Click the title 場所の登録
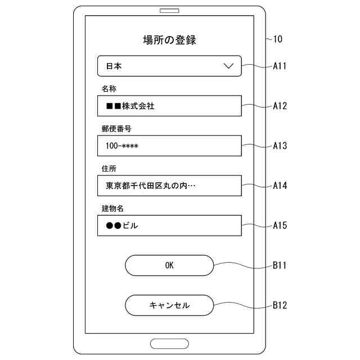[x=169, y=40]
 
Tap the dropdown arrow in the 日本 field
[x=228, y=66]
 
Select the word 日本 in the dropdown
[x=114, y=66]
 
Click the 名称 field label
[x=109, y=89]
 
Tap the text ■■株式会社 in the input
[x=130, y=106]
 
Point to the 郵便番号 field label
[x=116, y=129]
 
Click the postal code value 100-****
[x=122, y=146]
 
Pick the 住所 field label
[x=109, y=169]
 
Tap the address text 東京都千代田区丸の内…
[x=151, y=186]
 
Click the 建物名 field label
[x=112, y=209]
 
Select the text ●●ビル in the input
[x=121, y=226]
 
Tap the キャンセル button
[x=169, y=305]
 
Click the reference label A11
[x=280, y=66]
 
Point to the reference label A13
[x=280, y=146]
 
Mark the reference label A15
[x=280, y=226]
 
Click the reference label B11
[x=280, y=265]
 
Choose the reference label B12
[x=280, y=305]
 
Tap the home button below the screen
[x=169, y=343]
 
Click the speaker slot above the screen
[x=169, y=11]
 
